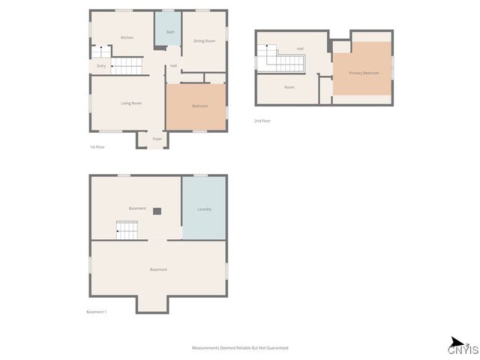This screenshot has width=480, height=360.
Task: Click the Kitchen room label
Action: click(x=127, y=37)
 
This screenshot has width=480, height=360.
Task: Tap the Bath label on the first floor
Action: click(x=170, y=32)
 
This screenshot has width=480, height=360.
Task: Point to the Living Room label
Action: click(x=131, y=103)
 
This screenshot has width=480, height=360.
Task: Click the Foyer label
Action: click(x=157, y=139)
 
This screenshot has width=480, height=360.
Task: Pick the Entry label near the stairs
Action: click(x=101, y=66)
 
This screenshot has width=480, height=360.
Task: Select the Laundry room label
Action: click(x=204, y=209)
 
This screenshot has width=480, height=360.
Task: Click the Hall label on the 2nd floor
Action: click(x=300, y=49)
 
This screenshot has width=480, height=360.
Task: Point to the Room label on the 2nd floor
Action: click(x=289, y=87)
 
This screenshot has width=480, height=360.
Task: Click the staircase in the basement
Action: click(x=127, y=230)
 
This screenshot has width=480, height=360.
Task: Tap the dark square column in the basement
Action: click(x=157, y=211)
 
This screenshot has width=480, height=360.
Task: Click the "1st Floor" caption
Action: click(x=97, y=147)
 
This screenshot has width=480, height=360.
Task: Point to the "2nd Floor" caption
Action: click(x=262, y=121)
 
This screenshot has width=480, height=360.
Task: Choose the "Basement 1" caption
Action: click(x=97, y=312)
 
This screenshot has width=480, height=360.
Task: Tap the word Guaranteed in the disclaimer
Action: click(x=274, y=348)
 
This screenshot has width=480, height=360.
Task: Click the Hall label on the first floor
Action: click(x=173, y=66)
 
